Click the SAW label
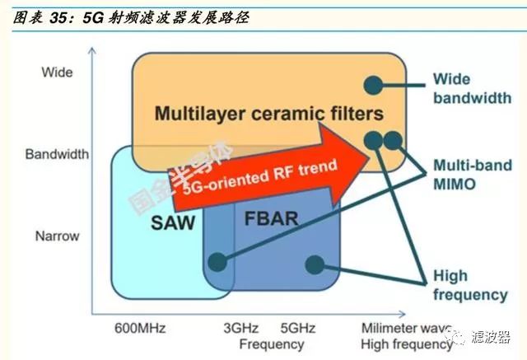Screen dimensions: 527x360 click(173, 222)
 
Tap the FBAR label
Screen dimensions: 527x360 click(271, 218)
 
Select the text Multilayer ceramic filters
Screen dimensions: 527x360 click(269, 114)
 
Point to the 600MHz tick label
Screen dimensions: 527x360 click(140, 328)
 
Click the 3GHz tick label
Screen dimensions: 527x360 click(241, 328)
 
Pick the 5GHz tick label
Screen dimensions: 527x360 click(298, 328)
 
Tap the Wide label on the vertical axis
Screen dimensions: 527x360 click(57, 72)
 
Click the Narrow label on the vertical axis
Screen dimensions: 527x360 click(57, 236)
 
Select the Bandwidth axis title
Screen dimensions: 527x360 click(57, 154)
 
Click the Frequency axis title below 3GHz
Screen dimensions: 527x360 click(272, 344)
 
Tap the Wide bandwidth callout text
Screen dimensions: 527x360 click(472, 89)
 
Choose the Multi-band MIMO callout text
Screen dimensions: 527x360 click(473, 175)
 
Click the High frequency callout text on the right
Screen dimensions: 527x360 click(470, 285)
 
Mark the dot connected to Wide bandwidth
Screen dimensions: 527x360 click(373, 85)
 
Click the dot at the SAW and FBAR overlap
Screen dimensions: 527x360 click(217, 262)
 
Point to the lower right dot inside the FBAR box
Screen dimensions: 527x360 click(315, 264)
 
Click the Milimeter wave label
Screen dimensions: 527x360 click(406, 328)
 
